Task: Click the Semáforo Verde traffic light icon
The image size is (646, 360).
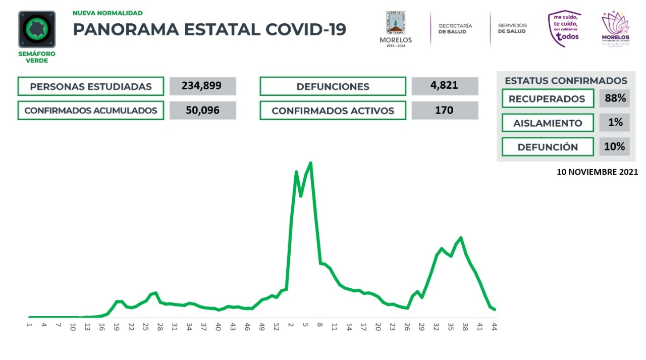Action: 37,29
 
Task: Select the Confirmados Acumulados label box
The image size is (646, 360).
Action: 91,111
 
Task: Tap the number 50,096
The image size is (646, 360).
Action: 202,110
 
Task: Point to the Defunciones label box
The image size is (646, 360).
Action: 333,86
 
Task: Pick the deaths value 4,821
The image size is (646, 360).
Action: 445,85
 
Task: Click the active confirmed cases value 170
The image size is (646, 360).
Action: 445,110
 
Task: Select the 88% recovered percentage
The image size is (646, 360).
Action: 615,98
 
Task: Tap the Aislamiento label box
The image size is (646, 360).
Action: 548,123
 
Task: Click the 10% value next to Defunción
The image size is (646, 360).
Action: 615,147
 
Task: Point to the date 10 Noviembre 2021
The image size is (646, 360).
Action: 597,172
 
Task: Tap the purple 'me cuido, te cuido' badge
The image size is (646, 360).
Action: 564,29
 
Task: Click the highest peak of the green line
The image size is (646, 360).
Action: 310,163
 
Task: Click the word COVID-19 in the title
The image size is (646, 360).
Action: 306,29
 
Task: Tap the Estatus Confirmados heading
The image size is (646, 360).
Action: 566,81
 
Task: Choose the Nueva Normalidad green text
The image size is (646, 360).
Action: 107,13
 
